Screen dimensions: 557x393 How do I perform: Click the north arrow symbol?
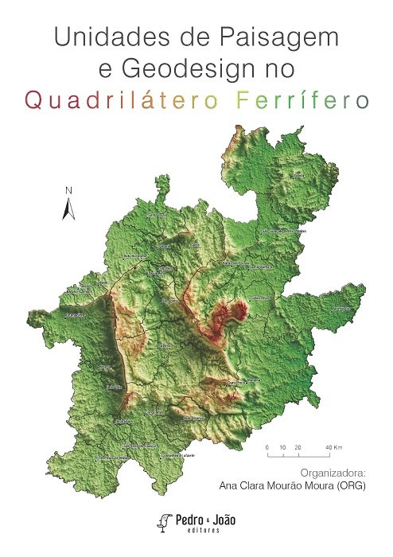pos(69,208)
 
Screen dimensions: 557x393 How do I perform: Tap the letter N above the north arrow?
pos(69,190)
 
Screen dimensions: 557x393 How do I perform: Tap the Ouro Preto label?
pos(236,384)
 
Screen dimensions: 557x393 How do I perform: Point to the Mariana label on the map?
pos(253,380)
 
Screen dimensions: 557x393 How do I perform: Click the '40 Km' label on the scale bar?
pos(333,449)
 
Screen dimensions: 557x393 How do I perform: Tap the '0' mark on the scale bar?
pos(267,449)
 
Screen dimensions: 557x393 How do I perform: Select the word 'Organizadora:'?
pos(333,471)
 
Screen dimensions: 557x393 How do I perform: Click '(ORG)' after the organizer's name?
pos(348,485)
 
